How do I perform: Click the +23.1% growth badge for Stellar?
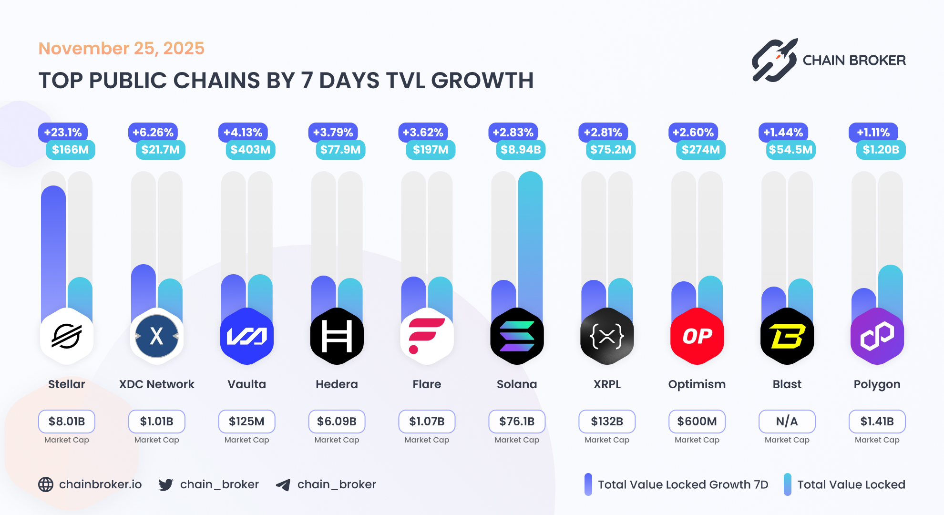coord(63,133)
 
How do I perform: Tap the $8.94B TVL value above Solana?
coord(520,150)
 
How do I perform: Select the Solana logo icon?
coord(517,336)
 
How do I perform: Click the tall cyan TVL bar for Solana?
coord(530,238)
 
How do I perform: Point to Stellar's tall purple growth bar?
coord(53,248)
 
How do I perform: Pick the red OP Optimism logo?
coord(697,336)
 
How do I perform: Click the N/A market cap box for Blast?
coord(787,422)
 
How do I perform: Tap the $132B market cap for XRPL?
coord(607,422)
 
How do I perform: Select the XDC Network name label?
coord(156,384)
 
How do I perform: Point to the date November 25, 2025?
coord(121,48)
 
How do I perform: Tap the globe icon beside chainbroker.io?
coord(46,484)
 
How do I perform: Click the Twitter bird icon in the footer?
coord(165,484)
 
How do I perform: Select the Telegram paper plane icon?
coord(283,485)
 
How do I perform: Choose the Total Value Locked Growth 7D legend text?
coord(683,484)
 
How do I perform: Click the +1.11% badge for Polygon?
coord(873,133)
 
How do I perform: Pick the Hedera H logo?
coord(337,336)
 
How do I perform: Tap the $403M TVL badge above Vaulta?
coord(250,150)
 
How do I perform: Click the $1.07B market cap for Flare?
coord(427,422)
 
